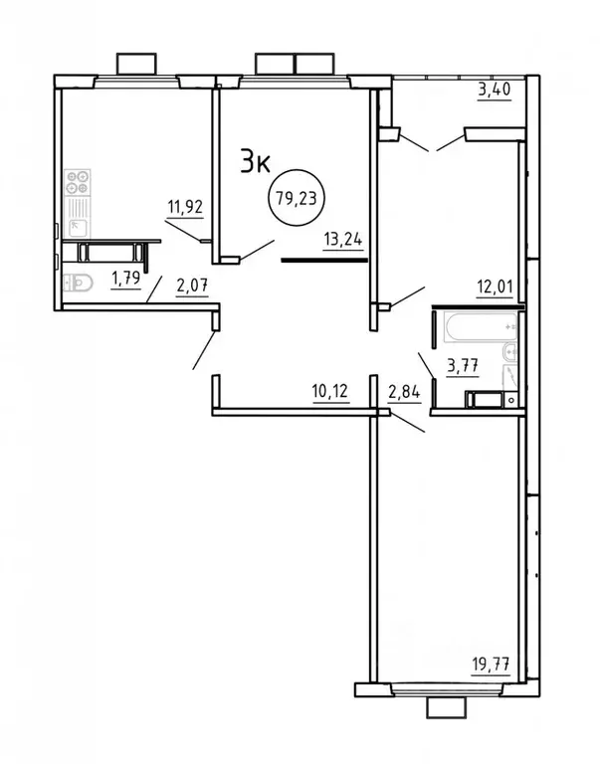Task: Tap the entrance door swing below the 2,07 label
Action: tap(204, 351)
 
